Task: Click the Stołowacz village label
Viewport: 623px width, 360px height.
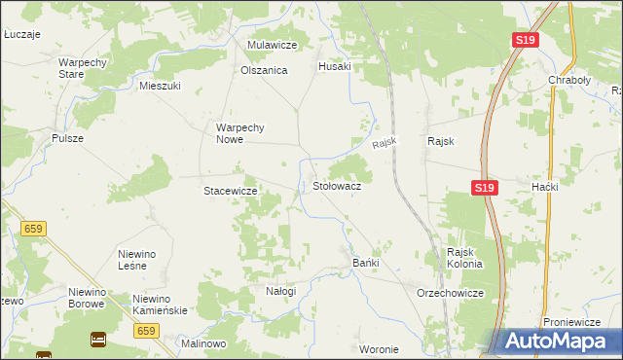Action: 337,185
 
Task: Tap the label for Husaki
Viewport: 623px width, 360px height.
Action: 335,66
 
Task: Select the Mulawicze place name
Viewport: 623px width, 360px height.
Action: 272,45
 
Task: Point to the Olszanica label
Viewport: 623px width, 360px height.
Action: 264,70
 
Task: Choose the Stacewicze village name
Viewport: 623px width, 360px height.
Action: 230,191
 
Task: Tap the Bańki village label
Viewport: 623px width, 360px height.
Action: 365,263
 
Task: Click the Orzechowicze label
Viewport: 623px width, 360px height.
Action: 450,292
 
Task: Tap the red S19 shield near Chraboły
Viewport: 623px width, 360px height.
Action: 525,40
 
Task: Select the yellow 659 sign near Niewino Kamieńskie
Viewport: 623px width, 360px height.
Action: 147,331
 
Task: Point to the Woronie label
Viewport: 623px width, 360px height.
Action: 379,349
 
